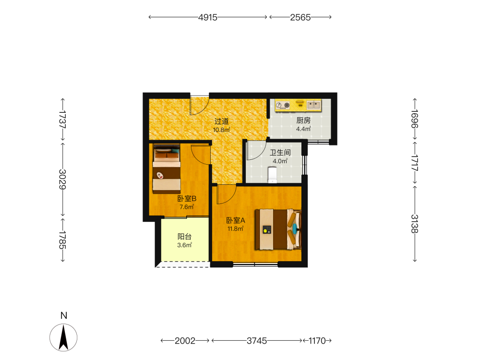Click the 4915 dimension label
coord(207,17)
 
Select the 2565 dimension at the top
coord(300,17)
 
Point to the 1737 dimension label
coord(62,119)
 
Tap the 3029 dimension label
coord(62,180)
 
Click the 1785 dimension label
coord(62,240)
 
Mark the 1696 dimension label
coord(415,119)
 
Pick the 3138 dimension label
coord(415,224)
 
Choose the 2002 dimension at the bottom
coord(185,341)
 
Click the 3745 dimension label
coord(257,341)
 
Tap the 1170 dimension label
coord(317,341)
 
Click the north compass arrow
coord(63,337)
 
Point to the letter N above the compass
coord(64,316)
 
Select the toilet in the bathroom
coord(272,175)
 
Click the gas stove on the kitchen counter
coord(283,105)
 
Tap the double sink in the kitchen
coord(313,105)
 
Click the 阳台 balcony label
coord(185,237)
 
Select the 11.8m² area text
coord(235,228)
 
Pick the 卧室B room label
coord(187,199)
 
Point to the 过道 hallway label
coord(221,121)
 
